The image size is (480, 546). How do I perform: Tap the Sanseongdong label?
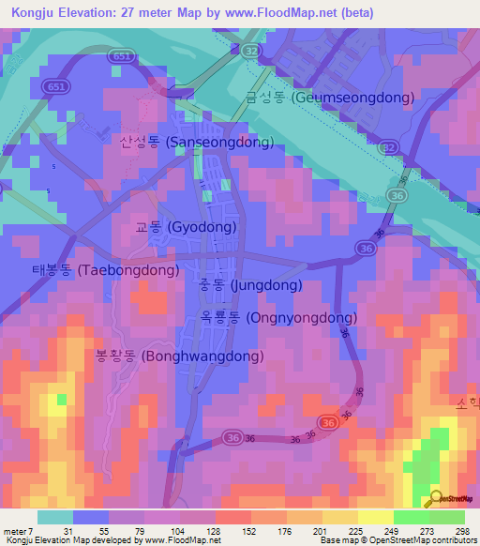(x=196, y=143)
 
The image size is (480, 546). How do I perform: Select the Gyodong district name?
(x=185, y=227)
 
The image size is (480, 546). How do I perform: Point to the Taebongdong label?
(x=98, y=270)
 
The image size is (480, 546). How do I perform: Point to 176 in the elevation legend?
(x=287, y=530)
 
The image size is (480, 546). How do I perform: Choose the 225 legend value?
(x=357, y=530)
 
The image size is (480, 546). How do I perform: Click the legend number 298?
(x=463, y=530)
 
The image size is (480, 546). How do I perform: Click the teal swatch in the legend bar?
(x=55, y=517)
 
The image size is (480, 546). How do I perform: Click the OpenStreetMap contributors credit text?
(x=418, y=540)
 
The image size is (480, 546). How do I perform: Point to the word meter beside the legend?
(x=17, y=530)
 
